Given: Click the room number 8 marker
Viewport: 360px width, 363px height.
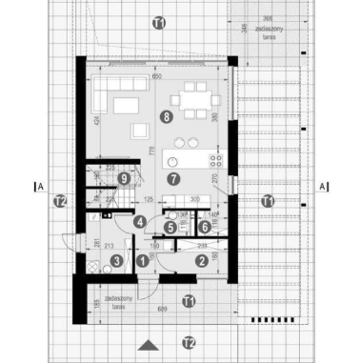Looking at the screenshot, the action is [167, 117].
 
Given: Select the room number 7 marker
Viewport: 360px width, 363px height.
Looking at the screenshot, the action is [172, 177].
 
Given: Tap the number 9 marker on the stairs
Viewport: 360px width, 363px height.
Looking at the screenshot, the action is [124, 178].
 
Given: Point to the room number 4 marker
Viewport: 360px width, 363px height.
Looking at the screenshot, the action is [140, 222].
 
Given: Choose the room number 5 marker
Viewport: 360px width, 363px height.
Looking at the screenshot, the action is [170, 227].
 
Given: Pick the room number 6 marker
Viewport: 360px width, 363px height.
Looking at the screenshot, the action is [205, 226].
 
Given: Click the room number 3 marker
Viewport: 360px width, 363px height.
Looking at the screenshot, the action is [114, 259].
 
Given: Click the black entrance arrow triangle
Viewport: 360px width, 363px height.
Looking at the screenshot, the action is [147, 341].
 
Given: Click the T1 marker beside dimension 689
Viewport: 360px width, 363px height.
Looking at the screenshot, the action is [189, 301].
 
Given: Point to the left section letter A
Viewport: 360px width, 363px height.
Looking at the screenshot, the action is [38, 187].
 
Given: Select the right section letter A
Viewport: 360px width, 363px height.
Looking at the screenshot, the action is [323, 187].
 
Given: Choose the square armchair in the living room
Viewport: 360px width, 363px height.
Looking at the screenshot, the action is [140, 129].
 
